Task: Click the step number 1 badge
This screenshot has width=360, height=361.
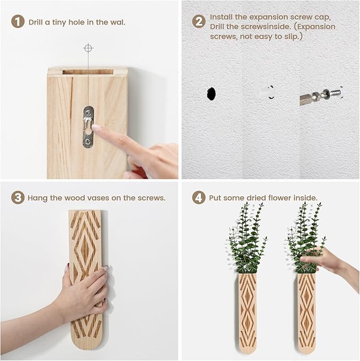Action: tap(18, 22)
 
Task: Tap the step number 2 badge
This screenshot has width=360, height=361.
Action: tap(199, 22)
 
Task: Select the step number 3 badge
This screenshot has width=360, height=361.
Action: tap(18, 197)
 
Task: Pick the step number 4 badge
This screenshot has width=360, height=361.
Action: tap(199, 197)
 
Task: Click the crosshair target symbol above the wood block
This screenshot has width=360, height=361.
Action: tap(88, 48)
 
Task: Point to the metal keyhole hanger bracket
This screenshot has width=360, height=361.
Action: tap(88, 127)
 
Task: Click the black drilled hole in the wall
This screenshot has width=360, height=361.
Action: tap(211, 94)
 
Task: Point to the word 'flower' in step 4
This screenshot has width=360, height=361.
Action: tap(284, 197)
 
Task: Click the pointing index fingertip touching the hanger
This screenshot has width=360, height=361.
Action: tap(95, 127)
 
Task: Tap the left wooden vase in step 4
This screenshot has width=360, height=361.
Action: tap(247, 313)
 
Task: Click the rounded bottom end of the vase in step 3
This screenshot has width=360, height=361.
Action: tap(85, 340)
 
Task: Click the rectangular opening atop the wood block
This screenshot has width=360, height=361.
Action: tap(87, 71)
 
